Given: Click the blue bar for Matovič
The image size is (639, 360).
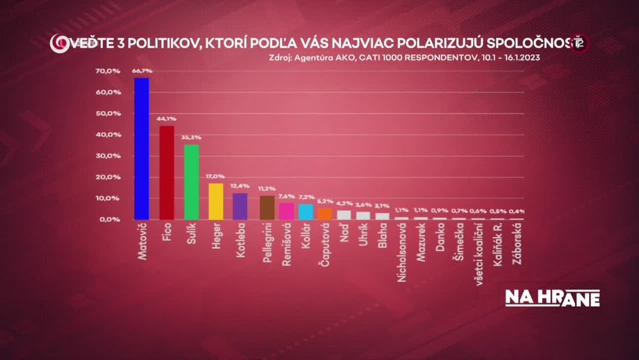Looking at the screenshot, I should (141, 148).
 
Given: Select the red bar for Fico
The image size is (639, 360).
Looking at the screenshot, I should (166, 173).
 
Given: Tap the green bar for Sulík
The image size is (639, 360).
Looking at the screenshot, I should (191, 182).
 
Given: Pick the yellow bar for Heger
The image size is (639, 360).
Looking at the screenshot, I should (216, 201).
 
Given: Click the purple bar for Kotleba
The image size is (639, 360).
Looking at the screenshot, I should (240, 206).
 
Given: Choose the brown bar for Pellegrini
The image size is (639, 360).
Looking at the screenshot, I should (267, 207).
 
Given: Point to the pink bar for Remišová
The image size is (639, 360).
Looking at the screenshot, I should (286, 211).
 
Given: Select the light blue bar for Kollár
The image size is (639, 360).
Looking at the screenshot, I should (305, 212).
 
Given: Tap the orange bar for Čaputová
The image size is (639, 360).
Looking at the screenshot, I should (325, 214).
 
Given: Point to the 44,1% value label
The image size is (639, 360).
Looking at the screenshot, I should (166, 120).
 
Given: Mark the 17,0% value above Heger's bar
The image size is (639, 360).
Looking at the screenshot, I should (216, 177).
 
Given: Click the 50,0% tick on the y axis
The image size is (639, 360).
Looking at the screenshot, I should (108, 113).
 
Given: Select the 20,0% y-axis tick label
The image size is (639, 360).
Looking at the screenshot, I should (108, 176).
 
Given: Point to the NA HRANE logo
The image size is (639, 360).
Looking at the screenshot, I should (553, 298).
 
